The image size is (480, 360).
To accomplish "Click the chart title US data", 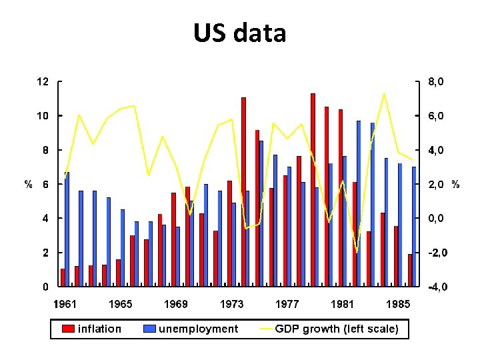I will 239,32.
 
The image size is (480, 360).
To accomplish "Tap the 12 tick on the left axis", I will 42,82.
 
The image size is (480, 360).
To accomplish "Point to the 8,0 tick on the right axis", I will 437,82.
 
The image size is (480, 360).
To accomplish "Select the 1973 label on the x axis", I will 231,304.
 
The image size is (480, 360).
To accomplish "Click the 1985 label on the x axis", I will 397,304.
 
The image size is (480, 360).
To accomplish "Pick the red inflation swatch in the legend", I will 68,329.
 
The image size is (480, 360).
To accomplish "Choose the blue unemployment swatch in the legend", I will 149,329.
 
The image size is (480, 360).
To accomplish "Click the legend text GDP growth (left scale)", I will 337,329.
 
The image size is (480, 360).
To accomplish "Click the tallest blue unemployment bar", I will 359,203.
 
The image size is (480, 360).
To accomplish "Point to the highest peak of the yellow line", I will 384,93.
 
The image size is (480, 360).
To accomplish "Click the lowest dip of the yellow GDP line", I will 357,253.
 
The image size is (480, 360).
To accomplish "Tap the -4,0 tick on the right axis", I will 438,287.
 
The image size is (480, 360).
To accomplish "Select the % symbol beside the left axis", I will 29,185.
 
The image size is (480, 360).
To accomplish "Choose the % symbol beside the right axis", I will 455,184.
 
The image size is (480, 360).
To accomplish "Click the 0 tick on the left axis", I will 45,287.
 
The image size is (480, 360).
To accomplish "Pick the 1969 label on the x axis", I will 176,304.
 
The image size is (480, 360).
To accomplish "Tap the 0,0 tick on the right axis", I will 437,219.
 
